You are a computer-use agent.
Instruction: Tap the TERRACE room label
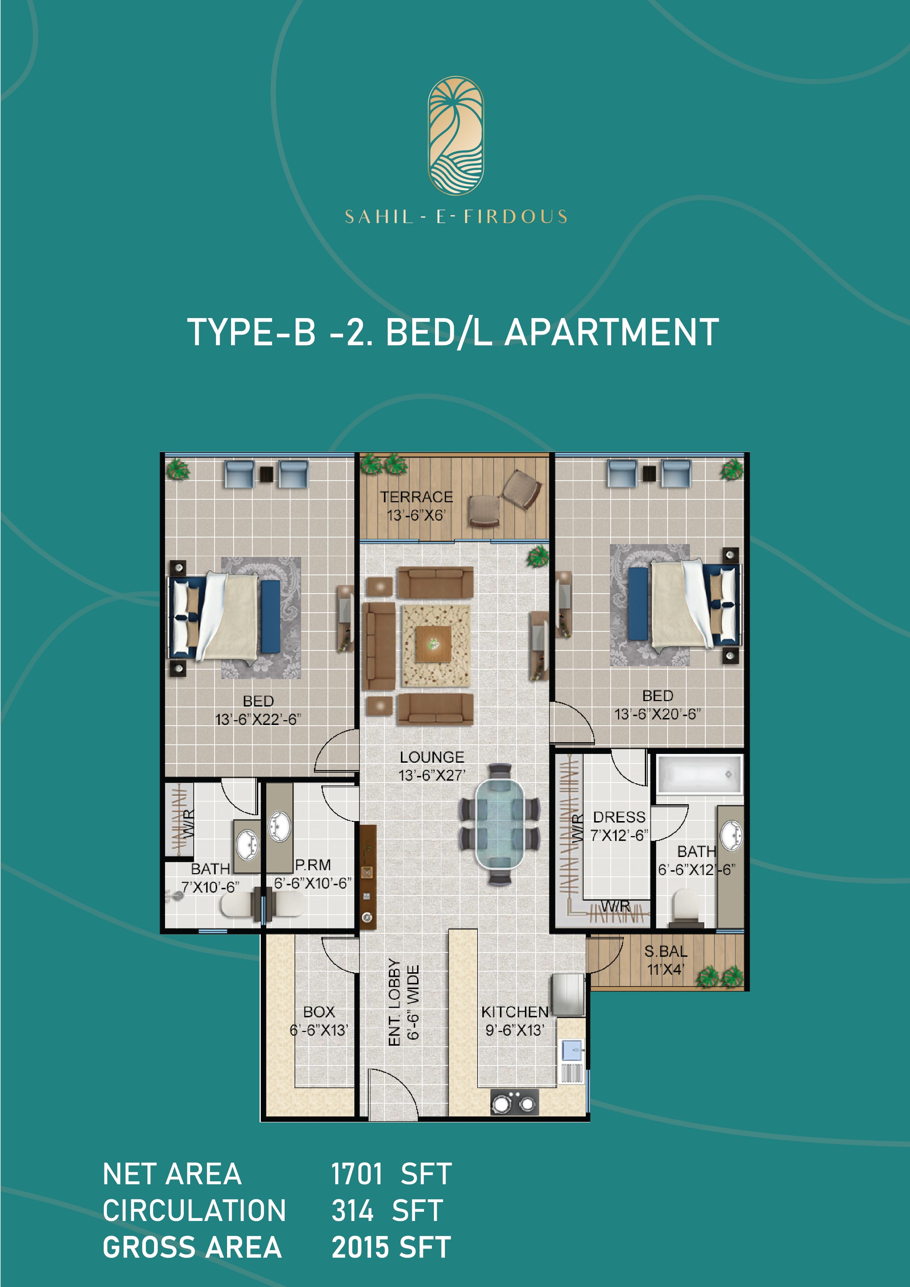coord(416,497)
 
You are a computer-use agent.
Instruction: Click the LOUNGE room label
coord(431,757)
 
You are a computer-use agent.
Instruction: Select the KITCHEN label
coord(514,1012)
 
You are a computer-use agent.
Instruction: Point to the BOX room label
coord(319,1012)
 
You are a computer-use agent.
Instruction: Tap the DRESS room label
coord(619,817)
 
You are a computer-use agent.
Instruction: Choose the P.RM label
coord(313,865)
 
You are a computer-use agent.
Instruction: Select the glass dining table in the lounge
coord(500,824)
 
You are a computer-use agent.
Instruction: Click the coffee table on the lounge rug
coord(433,645)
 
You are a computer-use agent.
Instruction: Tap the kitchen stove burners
coord(514,1102)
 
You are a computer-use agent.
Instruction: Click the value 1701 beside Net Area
coord(357,1174)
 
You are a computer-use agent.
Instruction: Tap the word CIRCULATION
coord(194,1211)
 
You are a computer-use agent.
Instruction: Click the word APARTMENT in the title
coord(611,332)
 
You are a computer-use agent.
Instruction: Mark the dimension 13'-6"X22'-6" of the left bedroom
coord(258,719)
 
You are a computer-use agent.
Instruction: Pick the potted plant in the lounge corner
coord(537,557)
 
